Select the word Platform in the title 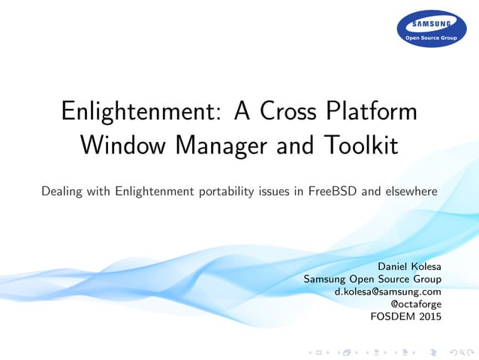pos(371,113)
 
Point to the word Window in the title pos(122,144)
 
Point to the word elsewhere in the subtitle pos(411,192)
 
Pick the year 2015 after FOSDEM pos(429,316)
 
